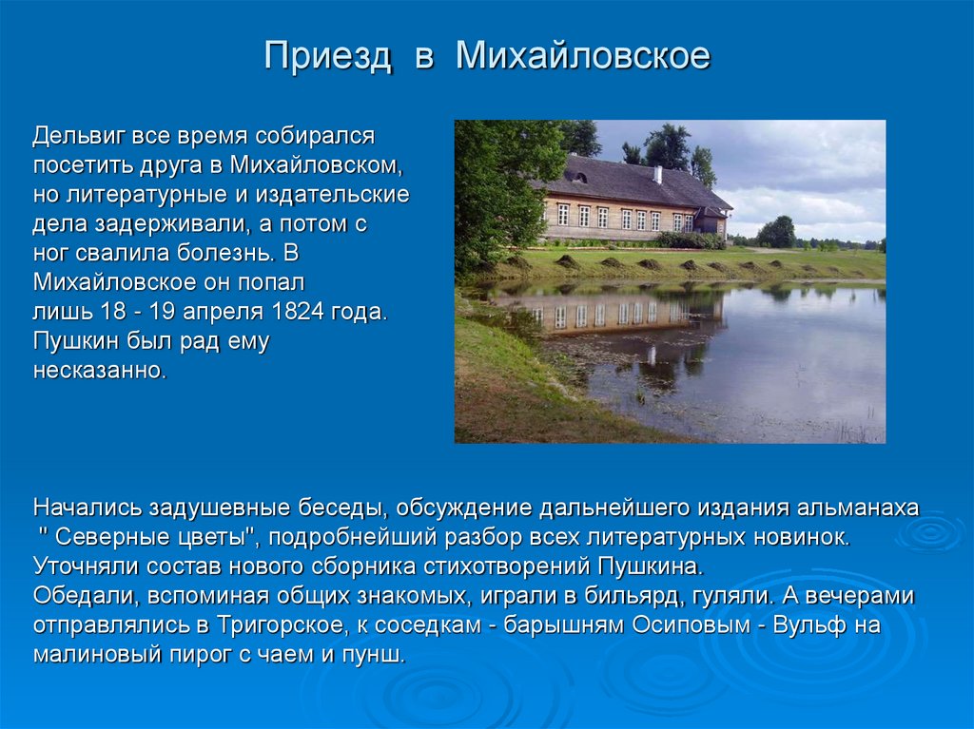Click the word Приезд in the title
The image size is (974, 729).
coord(327,56)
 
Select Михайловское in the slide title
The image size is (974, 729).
coord(582,56)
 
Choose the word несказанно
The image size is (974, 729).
coord(100,371)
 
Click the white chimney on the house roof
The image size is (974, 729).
coord(657,175)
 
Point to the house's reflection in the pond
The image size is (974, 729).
coord(609,315)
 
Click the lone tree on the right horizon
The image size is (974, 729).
coord(776,232)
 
